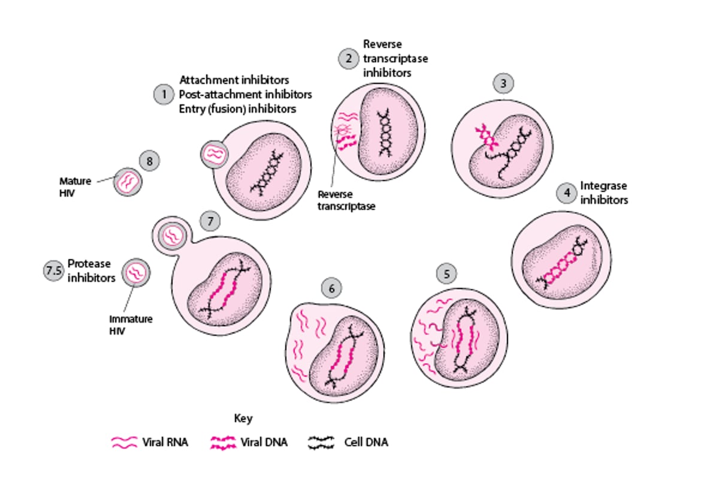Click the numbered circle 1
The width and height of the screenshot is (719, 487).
pos(163,95)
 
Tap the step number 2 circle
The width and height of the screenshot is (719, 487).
pos(348,58)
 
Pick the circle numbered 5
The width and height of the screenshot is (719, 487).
pos(446,274)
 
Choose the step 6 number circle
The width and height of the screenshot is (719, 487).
pos(331,288)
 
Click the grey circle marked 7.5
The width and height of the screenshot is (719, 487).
pos(53,270)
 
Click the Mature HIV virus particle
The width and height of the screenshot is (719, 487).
pos(128,181)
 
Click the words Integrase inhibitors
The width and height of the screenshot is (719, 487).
pos(604,193)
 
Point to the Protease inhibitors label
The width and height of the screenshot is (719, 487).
pos(91,270)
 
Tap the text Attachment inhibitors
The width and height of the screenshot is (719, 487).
pos(234,80)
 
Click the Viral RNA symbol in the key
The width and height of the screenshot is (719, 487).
pos(125,443)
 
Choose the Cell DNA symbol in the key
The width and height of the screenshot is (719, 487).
pos(321,443)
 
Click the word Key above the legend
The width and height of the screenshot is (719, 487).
pos(243,418)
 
